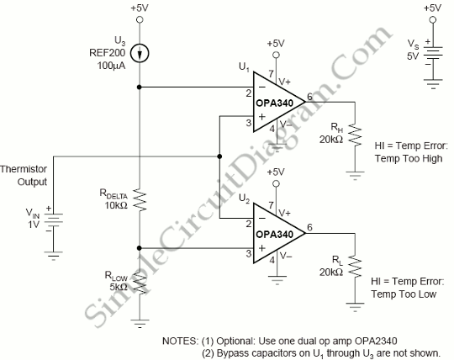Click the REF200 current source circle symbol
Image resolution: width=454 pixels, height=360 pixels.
click(x=140, y=53)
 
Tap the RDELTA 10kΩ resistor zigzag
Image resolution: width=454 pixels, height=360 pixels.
click(x=140, y=200)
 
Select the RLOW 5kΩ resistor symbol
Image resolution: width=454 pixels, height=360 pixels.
click(x=140, y=283)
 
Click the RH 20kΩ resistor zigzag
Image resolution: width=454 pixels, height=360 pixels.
click(x=355, y=135)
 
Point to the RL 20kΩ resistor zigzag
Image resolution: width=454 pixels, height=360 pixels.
click(x=355, y=267)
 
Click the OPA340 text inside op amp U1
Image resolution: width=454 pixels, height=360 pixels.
click(x=274, y=103)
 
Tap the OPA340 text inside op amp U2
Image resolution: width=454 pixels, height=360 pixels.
click(x=274, y=234)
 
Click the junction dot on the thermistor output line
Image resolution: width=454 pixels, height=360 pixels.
click(x=219, y=156)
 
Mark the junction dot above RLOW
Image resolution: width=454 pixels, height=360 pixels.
click(x=140, y=248)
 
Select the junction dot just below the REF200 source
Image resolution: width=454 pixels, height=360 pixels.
click(x=140, y=87)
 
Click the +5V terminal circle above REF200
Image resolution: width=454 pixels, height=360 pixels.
click(x=140, y=19)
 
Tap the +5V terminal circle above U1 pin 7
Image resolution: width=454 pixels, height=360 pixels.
click(x=277, y=55)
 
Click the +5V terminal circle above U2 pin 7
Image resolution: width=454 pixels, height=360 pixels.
click(x=277, y=183)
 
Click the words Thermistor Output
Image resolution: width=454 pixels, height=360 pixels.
click(x=24, y=176)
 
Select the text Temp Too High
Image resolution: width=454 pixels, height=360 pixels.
click(x=409, y=158)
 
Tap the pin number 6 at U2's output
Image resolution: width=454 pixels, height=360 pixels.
click(x=309, y=227)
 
